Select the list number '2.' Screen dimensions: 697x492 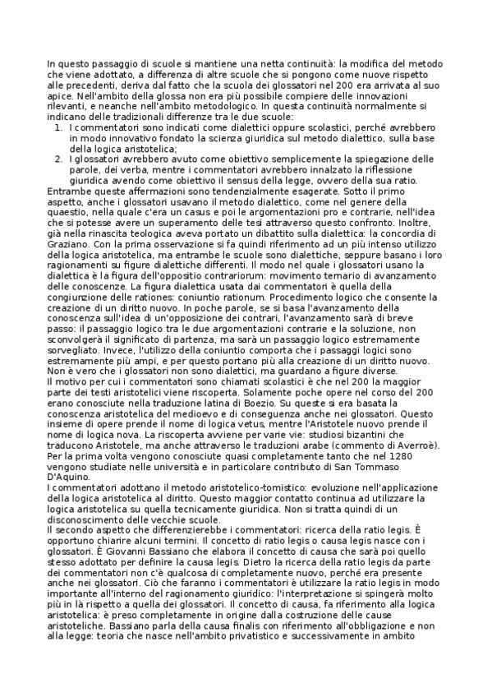(58, 159)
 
